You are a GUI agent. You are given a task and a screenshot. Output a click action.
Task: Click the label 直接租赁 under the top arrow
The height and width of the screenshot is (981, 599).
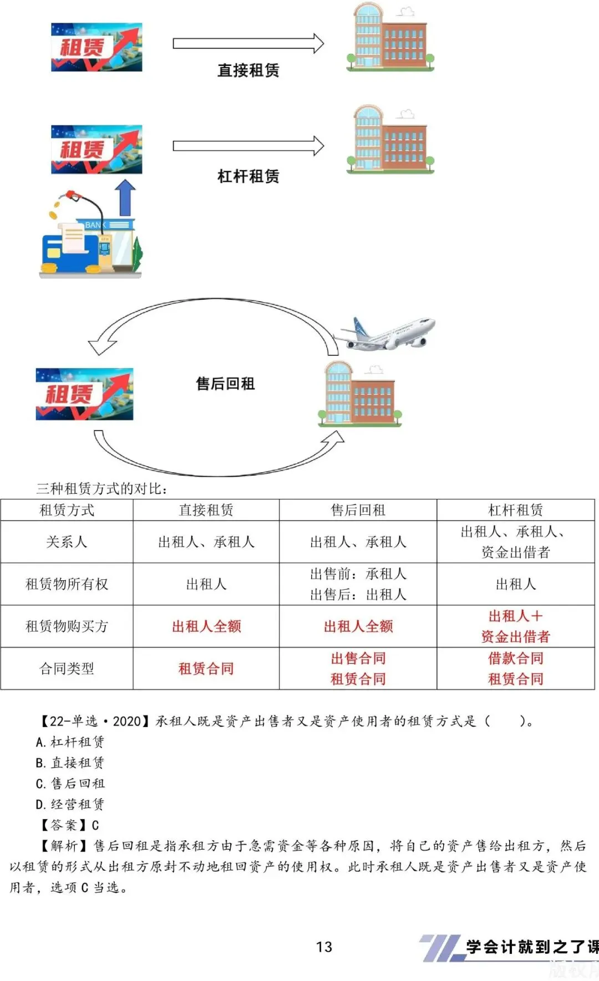coord(248,70)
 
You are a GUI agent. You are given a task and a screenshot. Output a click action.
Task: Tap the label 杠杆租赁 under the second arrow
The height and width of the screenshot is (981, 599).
coord(248,176)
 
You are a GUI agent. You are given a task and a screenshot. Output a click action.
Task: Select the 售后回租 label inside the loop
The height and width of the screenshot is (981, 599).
coord(225,384)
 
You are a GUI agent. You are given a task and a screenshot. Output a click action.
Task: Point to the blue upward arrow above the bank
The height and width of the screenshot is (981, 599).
coord(125,197)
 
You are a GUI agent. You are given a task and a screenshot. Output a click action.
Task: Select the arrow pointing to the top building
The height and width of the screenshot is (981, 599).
coord(248,43)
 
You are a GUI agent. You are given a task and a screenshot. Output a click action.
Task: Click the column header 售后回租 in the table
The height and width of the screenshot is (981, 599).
coord(358,510)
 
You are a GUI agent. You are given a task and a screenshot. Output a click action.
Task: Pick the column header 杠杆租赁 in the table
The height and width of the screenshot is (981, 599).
coord(515,510)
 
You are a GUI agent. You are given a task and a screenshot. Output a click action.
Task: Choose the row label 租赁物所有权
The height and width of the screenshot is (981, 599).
coord(67,584)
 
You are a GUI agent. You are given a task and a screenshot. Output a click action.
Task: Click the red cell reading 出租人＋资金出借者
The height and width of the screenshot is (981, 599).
coord(515,626)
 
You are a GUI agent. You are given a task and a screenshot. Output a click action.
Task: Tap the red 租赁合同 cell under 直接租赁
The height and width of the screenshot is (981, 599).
coord(206,668)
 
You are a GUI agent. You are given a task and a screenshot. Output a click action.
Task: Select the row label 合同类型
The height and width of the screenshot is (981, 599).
coord(67,668)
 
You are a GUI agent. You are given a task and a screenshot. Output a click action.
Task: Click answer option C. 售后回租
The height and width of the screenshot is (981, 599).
coord(70,783)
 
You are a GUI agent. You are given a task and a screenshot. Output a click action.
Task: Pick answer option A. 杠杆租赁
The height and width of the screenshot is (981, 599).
coord(70,742)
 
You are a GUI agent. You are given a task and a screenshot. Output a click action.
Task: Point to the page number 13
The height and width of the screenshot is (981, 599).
coord(324,947)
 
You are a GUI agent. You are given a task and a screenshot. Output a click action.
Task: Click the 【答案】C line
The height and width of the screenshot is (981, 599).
coord(68,825)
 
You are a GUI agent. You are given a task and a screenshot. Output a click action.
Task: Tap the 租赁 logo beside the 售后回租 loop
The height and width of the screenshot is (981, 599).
coord(84,394)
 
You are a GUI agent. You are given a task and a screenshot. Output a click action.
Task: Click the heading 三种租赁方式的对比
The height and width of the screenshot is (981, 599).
coord(102,488)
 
